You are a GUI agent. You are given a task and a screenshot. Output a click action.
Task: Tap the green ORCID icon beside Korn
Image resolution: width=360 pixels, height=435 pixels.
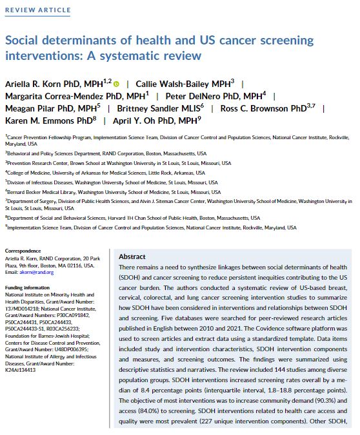coord(116,83)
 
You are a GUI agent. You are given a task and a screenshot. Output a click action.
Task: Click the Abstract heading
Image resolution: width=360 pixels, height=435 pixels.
coord(133,256)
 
